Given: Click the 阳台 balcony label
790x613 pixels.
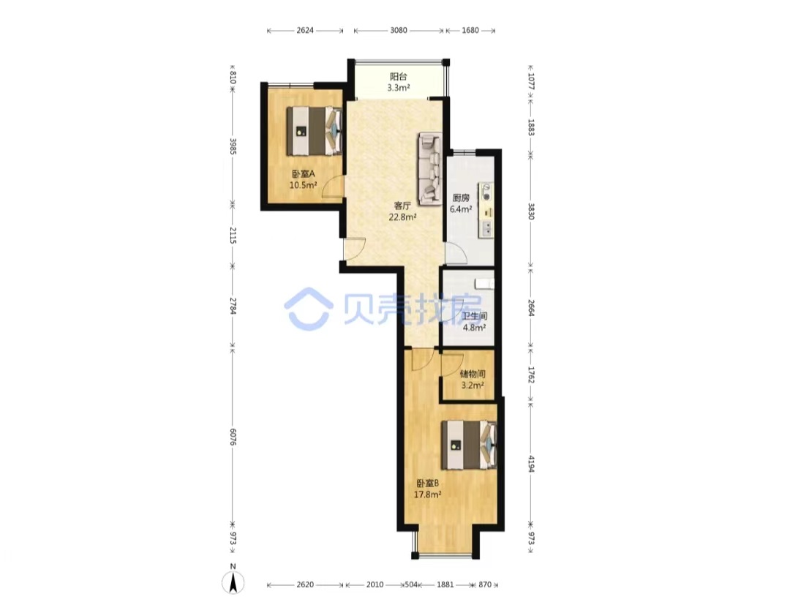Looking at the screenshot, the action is pos(398,77).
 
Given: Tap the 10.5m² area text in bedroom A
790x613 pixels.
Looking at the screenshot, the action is pos(303,185).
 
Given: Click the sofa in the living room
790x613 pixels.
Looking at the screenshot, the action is pos(429,169).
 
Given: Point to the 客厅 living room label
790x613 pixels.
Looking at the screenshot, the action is pos(402,206).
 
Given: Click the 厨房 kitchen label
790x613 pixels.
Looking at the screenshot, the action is pos(461,198).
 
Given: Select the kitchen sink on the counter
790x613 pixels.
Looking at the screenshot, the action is pos(486,229).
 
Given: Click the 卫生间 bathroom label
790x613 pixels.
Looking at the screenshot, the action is pos(475,316).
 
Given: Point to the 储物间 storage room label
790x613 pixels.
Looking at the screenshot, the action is pos(473,375).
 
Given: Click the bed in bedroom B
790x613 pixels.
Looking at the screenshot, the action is pos(469,445).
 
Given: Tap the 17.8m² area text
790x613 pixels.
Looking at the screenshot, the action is pos(428,494).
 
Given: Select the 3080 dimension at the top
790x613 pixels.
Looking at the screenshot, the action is pos(399,30).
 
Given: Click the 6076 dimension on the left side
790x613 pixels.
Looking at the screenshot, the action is pos(233,437).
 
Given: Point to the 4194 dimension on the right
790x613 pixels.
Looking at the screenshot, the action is pos(531,464).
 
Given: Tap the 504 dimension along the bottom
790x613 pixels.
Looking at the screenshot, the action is pos(412,584).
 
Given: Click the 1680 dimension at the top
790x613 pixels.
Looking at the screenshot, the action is pos(470,30).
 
